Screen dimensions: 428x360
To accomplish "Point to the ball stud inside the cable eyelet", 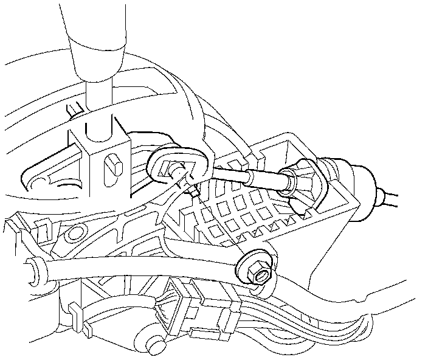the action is pyautogui.click(x=176, y=170).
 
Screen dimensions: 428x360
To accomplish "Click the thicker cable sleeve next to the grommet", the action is pyautogui.click(x=267, y=180).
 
